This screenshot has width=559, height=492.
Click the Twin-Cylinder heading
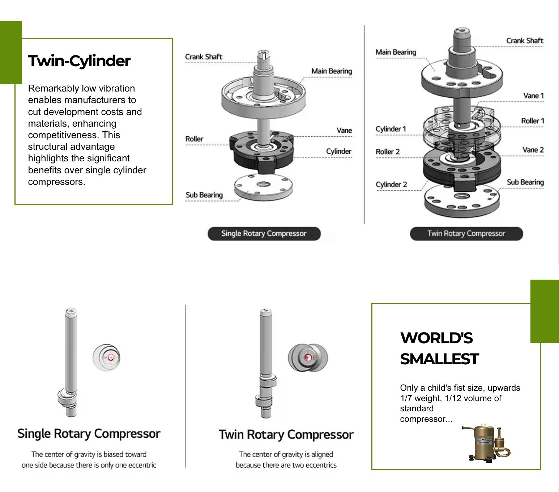(x=79, y=61)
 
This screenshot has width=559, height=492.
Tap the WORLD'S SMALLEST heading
(x=439, y=348)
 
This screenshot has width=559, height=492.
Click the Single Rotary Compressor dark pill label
(x=264, y=234)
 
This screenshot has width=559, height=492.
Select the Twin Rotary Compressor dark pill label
(x=466, y=234)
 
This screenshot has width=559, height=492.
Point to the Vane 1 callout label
(x=533, y=96)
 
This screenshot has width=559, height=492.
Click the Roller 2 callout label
(x=388, y=152)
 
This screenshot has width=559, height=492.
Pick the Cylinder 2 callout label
(x=391, y=184)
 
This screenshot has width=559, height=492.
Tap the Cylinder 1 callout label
(x=391, y=129)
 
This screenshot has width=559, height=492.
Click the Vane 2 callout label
(x=533, y=150)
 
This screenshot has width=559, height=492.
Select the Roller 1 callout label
(x=532, y=121)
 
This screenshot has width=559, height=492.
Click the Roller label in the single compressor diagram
(x=194, y=139)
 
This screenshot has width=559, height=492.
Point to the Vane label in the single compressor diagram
(x=344, y=131)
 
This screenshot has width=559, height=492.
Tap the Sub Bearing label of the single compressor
(x=204, y=195)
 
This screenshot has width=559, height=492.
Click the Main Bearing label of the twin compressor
(x=396, y=52)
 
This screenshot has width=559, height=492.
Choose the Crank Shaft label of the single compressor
(x=204, y=57)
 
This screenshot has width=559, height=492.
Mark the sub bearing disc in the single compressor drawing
(x=263, y=187)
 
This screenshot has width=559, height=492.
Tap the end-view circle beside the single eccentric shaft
(x=107, y=358)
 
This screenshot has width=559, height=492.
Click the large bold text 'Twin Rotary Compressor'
(x=286, y=434)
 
